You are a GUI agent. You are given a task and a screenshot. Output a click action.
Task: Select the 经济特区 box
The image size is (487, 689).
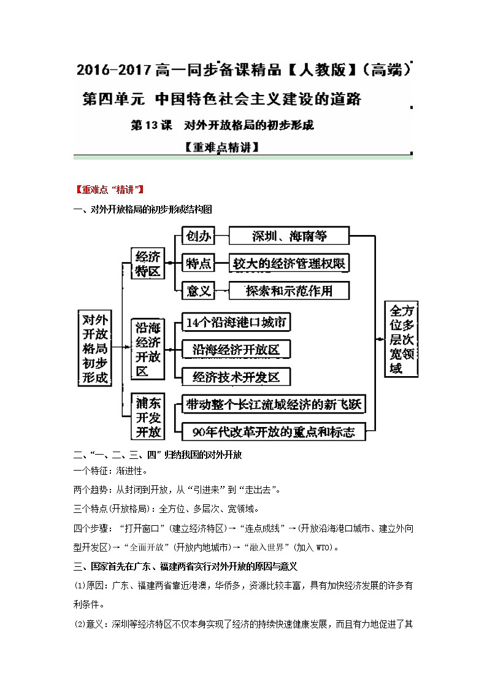click(148, 263)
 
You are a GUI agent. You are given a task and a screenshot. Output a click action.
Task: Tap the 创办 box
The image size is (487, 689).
click(198, 236)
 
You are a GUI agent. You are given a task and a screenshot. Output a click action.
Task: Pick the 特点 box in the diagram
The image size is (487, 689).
click(198, 263)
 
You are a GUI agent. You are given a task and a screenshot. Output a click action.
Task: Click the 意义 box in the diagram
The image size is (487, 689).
click(198, 290)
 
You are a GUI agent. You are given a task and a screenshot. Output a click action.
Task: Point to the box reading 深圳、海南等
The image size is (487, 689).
click(289, 236)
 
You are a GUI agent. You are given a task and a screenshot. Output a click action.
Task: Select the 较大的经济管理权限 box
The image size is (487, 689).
click(289, 263)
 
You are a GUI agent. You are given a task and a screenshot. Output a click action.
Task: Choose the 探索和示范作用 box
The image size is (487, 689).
click(289, 290)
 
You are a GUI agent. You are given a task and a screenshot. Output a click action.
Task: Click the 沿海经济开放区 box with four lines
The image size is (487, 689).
click(148, 350)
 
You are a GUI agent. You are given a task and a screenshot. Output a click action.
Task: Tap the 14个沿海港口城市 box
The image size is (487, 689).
click(236, 323)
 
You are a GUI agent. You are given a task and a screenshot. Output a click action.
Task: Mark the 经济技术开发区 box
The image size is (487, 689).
click(236, 376)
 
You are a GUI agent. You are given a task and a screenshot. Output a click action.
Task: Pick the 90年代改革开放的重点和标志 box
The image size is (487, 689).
click(272, 431)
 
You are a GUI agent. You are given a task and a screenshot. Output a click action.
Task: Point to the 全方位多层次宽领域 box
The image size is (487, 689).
click(401, 339)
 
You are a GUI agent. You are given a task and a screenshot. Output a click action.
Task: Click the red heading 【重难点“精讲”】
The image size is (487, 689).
click(107, 189)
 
